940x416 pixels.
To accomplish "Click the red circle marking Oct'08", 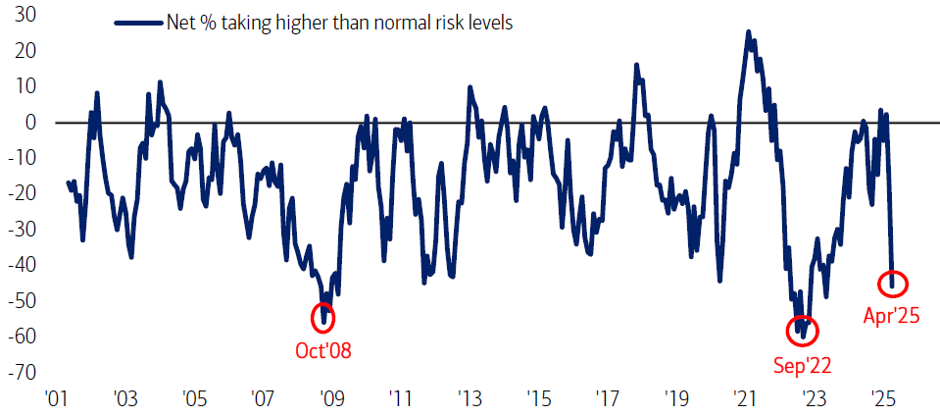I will [x=322, y=317].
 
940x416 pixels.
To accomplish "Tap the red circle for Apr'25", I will [x=892, y=285].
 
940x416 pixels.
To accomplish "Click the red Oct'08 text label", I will [x=323, y=349].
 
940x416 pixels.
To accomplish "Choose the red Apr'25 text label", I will [x=891, y=316].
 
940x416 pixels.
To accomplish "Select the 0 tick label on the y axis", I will [x=31, y=122].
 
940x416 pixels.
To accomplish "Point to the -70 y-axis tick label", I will [x=23, y=373].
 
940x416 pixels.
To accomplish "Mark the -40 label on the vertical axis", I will [x=23, y=265].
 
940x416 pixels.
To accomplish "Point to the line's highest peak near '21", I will [x=749, y=32].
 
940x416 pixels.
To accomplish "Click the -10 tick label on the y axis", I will [x=23, y=158].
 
